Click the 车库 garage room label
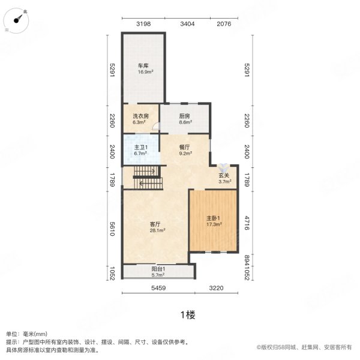pos(143,67)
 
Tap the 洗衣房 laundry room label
pos(140,116)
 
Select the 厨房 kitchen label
pos(185,116)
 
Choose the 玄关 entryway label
pos(224,175)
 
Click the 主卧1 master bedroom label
pos(214,218)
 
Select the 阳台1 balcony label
pos(158,269)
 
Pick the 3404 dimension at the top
pos(188,24)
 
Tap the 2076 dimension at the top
pos(224,24)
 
